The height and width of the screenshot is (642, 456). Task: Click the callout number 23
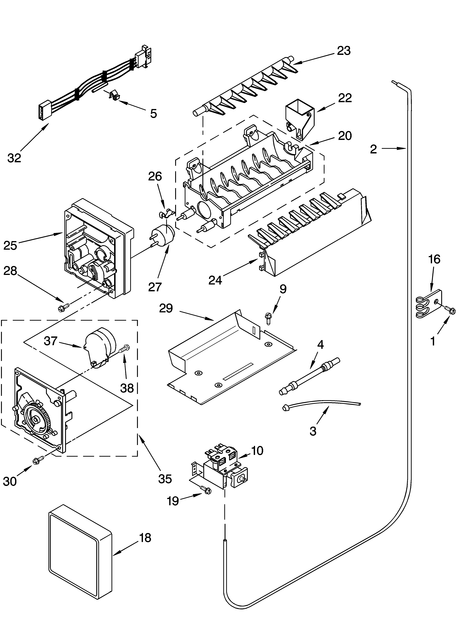(x=344, y=51)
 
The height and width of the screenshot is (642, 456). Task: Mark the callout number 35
(x=165, y=478)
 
